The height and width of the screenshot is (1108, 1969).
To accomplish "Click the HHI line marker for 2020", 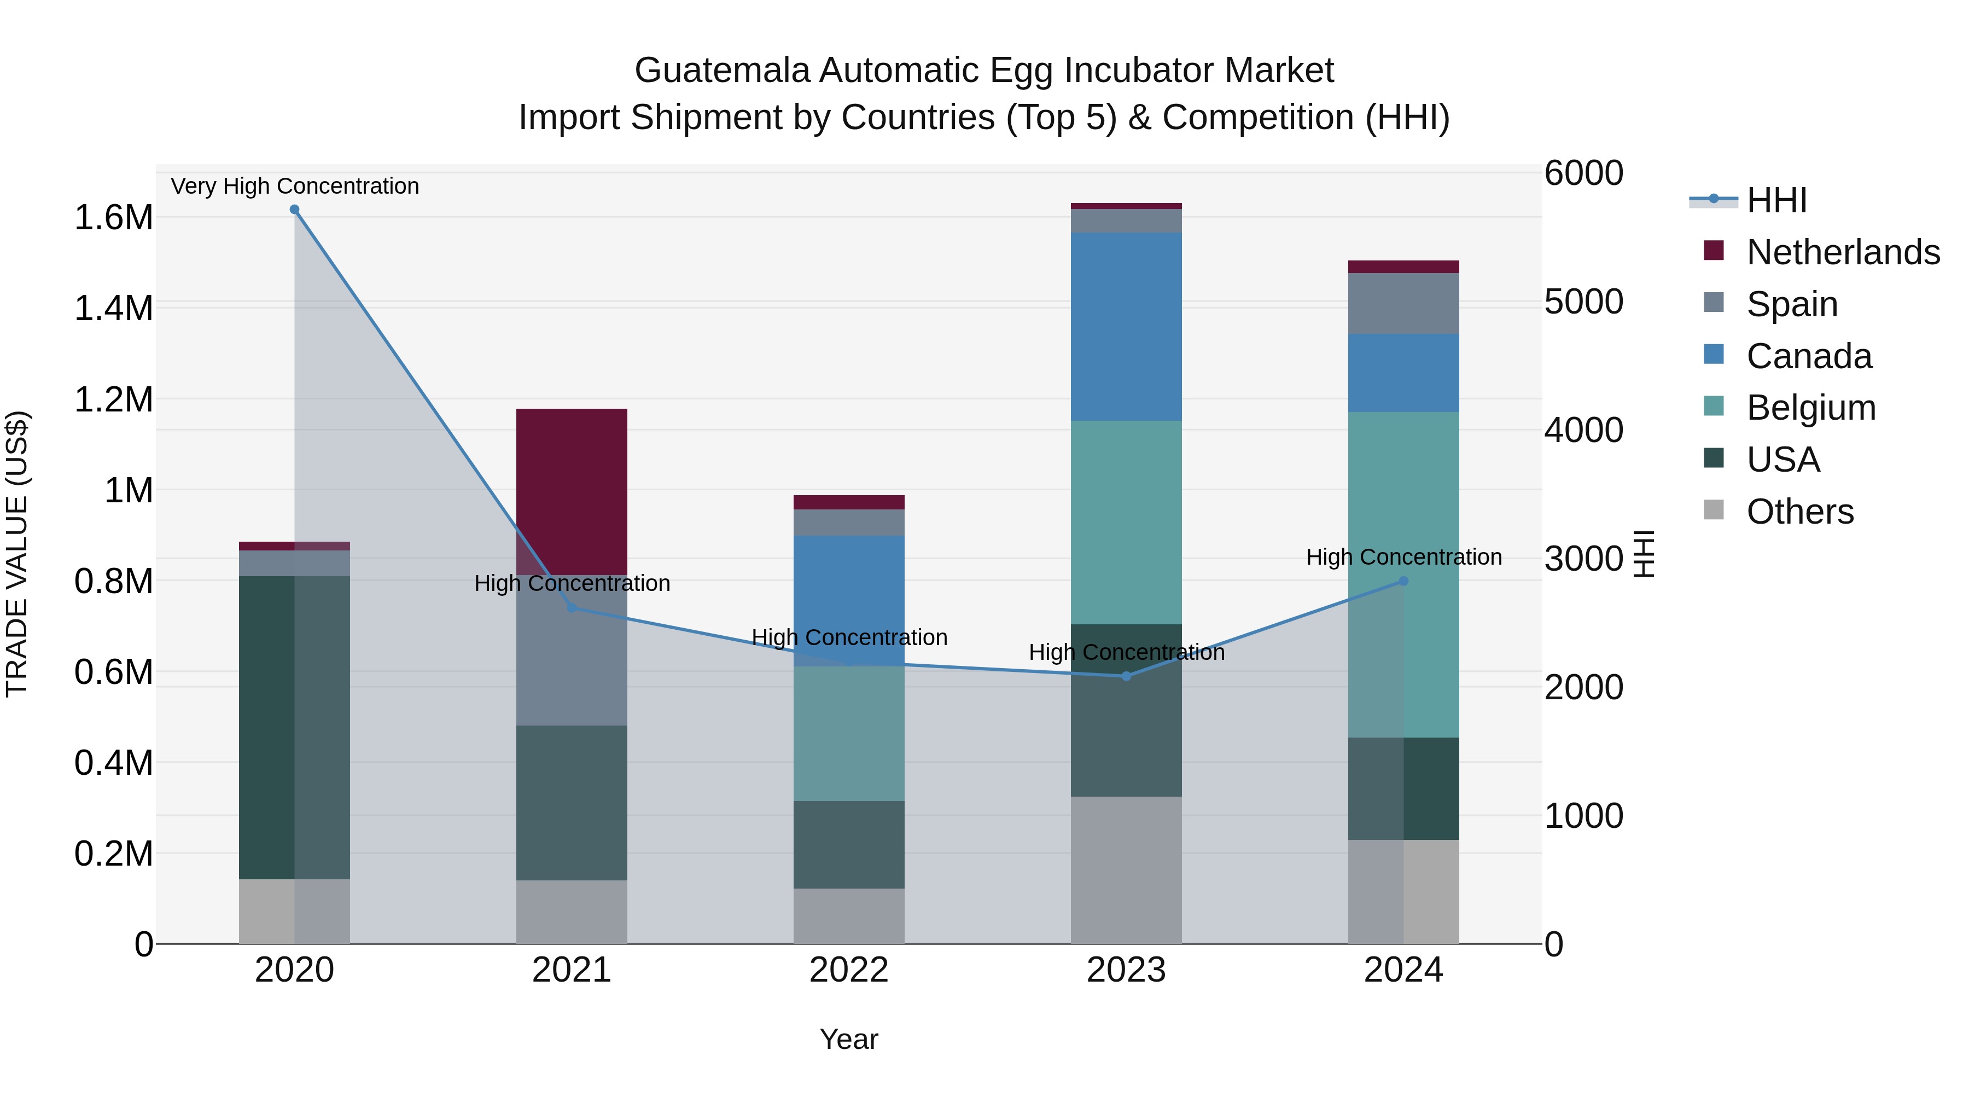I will point(294,210).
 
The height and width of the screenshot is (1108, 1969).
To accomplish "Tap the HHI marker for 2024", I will point(1403,581).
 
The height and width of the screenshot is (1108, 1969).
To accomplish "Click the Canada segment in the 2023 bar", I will point(1126,327).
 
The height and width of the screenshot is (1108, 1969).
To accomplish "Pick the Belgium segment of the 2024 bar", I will point(1403,573).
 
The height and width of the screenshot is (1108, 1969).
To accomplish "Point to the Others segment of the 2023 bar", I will point(1126,870).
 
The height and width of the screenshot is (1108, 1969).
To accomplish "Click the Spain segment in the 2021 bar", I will point(572,650).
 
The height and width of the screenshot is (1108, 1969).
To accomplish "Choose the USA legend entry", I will point(1782,460).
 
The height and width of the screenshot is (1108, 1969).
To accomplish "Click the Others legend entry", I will point(1799,512).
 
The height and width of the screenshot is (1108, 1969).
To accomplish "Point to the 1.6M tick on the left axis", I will point(113,218).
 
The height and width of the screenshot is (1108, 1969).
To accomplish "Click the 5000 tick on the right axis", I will point(1583,302).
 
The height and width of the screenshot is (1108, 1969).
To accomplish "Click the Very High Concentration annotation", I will point(294,186).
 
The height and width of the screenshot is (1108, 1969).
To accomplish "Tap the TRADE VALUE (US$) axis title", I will point(17,554).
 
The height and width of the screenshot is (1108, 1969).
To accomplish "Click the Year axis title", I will point(848,1039).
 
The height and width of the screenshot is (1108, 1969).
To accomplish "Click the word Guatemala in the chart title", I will point(721,71).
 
